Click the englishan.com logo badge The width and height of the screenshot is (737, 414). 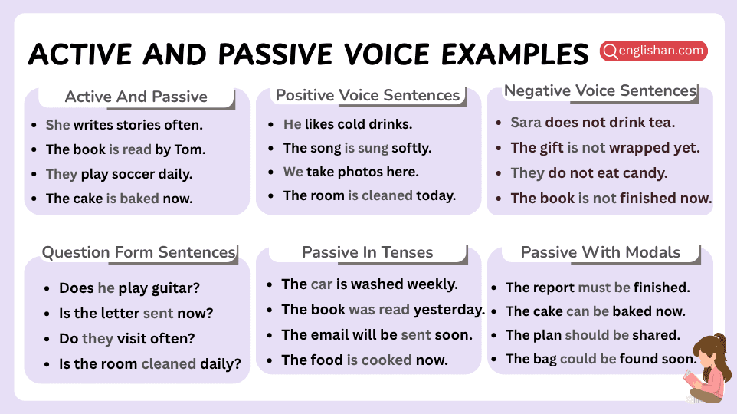(653, 51)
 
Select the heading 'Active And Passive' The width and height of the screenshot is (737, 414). (136, 97)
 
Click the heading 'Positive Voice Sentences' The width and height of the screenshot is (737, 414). (368, 95)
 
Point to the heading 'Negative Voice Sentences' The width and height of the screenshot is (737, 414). (600, 90)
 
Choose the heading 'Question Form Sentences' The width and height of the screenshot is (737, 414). (139, 252)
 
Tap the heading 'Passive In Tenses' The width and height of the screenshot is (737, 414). (368, 252)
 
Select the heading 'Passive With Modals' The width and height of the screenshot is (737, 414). (600, 252)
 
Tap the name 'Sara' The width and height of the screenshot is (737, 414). (526, 123)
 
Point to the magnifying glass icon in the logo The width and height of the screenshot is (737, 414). (611, 51)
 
